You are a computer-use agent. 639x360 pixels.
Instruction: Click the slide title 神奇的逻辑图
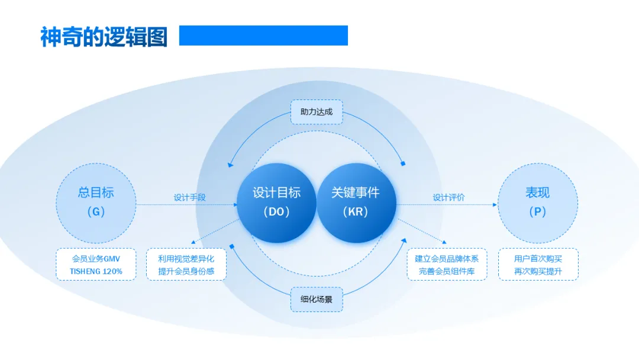(104, 37)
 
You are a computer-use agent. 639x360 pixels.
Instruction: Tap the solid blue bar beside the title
(263, 36)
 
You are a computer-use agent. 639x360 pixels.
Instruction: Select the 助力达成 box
(317, 112)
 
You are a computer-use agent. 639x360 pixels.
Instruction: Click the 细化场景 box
(317, 299)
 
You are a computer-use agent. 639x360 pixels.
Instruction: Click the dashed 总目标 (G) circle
(96, 202)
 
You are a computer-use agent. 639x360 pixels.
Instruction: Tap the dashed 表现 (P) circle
(538, 202)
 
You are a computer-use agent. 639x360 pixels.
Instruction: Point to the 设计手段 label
(190, 198)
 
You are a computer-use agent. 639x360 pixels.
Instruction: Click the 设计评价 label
(448, 198)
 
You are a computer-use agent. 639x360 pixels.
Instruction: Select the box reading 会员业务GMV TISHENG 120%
(96, 265)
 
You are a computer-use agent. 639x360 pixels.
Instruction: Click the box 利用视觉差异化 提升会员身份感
(186, 265)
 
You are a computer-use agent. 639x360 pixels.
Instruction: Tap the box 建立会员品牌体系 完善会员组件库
(447, 265)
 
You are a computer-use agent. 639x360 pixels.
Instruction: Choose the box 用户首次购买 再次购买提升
(538, 265)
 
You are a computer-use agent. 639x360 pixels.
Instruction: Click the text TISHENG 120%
(96, 272)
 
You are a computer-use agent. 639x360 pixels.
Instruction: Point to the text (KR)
(356, 212)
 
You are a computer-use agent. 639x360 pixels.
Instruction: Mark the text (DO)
(276, 212)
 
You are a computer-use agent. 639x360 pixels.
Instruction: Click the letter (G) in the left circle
(96, 212)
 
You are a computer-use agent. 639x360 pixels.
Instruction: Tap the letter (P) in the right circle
(538, 212)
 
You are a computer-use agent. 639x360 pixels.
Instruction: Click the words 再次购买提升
(538, 272)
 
